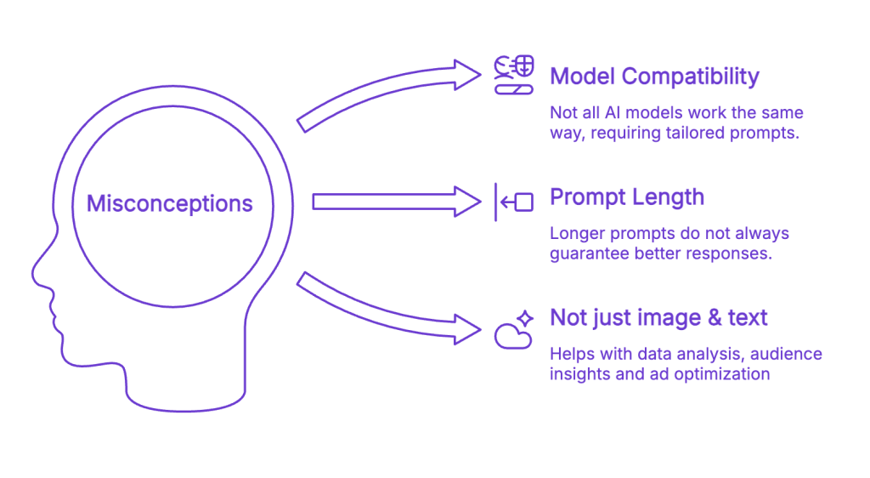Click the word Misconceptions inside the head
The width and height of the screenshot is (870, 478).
pos(170,204)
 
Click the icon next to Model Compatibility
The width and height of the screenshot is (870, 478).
pos(514,75)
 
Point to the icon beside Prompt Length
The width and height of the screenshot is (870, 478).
pos(514,202)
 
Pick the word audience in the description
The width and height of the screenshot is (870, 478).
pos(790,354)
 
